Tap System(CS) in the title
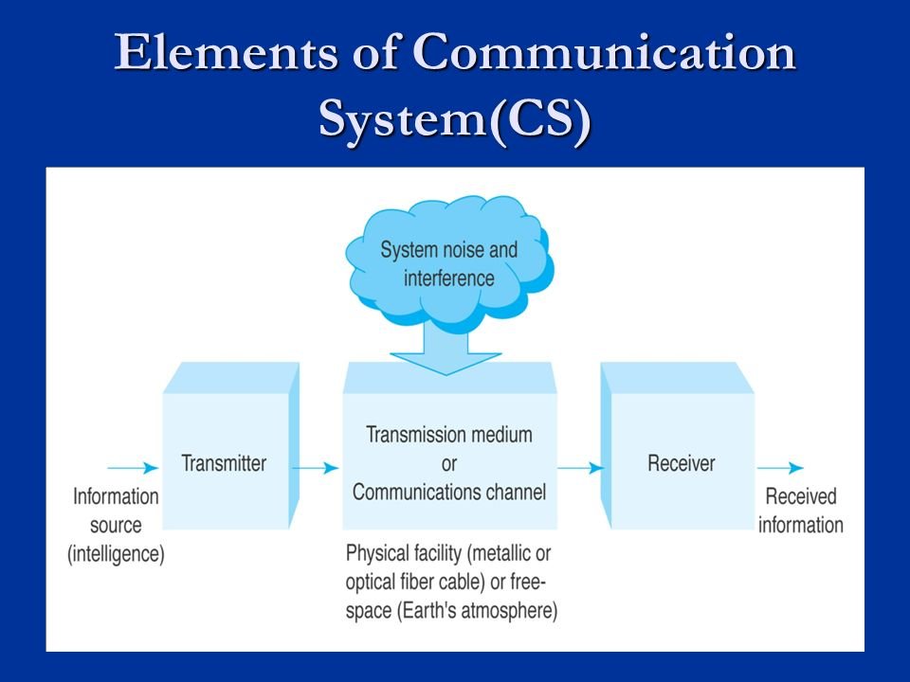click(454, 120)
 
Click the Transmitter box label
click(224, 463)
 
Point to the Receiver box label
click(681, 463)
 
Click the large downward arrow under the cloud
click(449, 350)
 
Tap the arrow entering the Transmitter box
click(132, 468)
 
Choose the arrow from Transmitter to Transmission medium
click(314, 468)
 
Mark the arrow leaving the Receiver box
click(780, 468)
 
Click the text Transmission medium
click(449, 435)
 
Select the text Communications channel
click(449, 493)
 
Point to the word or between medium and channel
click(449, 464)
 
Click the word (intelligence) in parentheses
click(116, 555)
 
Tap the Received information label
click(800, 511)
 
